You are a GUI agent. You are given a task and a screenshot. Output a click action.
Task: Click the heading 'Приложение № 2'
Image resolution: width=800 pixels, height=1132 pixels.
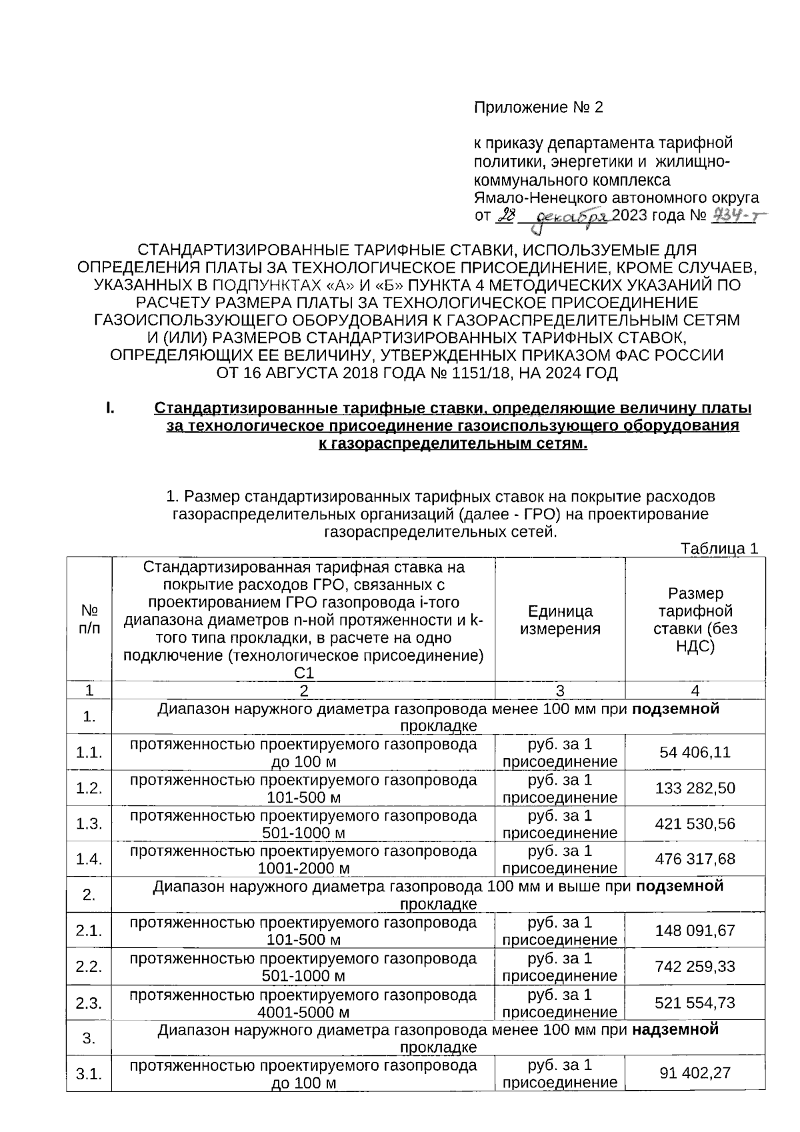538,107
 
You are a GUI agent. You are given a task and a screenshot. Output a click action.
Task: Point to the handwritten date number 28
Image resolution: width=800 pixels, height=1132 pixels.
507,215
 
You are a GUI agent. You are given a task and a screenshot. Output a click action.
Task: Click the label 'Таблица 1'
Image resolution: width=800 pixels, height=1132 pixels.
719,549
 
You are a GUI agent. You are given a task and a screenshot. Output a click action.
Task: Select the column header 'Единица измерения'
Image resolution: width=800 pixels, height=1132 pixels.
560,619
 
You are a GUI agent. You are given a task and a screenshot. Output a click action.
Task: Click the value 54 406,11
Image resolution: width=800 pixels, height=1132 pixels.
695,753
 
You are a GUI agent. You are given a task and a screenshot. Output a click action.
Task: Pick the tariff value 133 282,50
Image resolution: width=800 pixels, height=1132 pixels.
695,789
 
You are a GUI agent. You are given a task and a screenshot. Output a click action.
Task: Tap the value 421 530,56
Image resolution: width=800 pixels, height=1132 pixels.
695,824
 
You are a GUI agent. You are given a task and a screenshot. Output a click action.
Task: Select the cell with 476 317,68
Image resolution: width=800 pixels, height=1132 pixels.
695,859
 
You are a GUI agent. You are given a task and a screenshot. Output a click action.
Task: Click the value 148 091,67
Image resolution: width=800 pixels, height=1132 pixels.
695,931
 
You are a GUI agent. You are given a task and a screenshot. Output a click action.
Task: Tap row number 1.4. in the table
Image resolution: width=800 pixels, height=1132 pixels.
89,859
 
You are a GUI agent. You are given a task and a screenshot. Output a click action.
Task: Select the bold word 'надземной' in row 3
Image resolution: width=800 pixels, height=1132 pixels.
675,1029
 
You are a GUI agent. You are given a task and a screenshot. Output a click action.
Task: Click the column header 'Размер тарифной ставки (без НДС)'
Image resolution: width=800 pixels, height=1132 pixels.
695,619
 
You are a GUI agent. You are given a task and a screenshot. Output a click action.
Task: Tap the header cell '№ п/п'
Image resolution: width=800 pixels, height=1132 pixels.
89,619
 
